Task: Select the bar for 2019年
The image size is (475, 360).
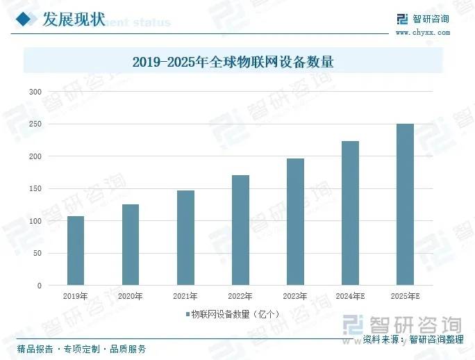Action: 76,251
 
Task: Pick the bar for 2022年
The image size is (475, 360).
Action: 240,230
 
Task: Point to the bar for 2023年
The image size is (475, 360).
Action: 295,222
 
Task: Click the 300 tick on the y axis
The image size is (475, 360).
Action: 35,92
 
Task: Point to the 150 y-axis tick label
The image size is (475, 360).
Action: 35,189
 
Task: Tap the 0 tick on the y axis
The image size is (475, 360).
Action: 40,286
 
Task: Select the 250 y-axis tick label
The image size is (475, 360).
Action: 35,124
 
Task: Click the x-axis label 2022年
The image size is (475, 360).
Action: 240,296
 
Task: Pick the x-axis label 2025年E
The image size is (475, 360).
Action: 406,296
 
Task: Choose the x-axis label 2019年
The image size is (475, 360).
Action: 76,296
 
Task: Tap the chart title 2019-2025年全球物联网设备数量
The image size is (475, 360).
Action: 233,62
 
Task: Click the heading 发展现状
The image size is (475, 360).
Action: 74,19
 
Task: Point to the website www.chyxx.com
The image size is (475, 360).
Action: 422,32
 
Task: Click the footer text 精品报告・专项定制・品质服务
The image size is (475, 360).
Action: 81,348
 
